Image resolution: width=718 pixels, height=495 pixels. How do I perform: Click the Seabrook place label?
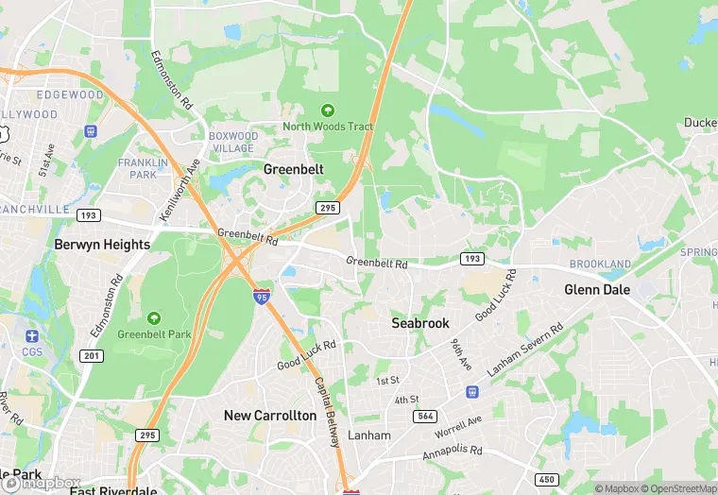tap(420, 323)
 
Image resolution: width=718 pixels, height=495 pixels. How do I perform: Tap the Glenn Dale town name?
tap(596, 289)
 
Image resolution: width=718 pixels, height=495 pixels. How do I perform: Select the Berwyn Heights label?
tap(102, 245)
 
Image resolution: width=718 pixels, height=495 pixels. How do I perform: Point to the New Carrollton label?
tap(270, 416)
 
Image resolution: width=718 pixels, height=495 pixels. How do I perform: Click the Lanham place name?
tap(368, 435)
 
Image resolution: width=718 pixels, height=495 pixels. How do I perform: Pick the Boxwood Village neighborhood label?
tap(232, 142)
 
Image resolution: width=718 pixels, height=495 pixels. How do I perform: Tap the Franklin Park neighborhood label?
tap(137, 168)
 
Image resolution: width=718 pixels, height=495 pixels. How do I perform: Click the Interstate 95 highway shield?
tap(262, 297)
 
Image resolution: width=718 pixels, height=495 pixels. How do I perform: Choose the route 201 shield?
tap(92, 355)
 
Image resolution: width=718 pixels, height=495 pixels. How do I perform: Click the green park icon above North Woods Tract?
tap(328, 111)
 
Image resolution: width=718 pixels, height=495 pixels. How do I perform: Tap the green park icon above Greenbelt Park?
tap(154, 318)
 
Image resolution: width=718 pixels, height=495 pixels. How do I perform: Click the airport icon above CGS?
tap(32, 336)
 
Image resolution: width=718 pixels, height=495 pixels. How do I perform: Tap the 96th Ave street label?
tap(461, 355)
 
